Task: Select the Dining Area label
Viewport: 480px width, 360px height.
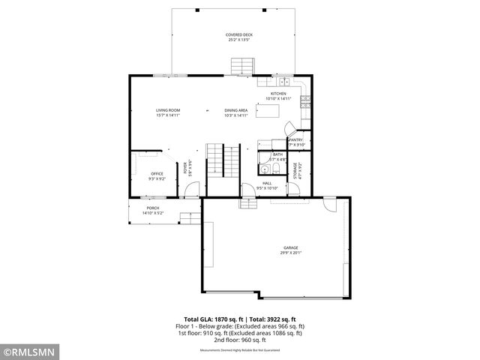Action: [235, 112]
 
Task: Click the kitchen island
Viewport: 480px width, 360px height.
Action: [268, 112]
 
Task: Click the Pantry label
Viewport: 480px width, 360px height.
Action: [296, 142]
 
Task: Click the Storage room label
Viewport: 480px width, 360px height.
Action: [299, 170]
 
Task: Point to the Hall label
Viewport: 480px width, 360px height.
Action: [266, 185]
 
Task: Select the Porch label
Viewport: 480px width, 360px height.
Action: [152, 210]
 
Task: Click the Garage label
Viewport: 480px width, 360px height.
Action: [290, 250]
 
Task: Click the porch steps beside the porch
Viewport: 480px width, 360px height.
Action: [190, 217]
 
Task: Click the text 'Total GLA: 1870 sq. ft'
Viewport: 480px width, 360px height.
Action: [214, 319]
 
